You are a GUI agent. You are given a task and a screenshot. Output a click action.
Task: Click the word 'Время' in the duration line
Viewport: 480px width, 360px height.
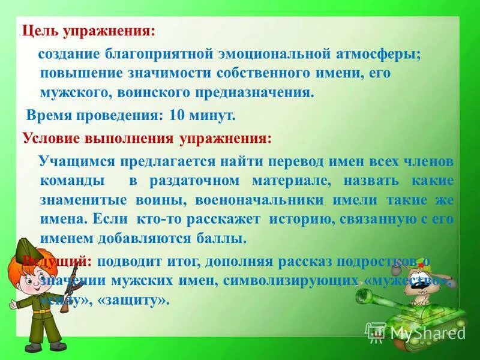[52, 115]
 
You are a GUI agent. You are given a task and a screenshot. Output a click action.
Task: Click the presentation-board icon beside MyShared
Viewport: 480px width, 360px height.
[376, 331]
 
